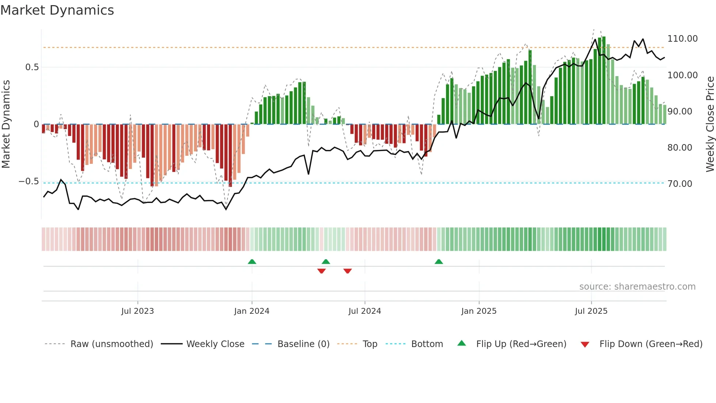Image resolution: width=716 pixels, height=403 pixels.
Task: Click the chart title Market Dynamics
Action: [57, 10]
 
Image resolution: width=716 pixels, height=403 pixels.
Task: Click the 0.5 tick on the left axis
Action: [32, 67]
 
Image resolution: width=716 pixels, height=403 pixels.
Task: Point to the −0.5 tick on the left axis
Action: [29, 182]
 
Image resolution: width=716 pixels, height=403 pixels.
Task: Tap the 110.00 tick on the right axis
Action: [682, 39]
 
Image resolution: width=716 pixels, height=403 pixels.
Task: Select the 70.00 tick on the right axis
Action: [679, 184]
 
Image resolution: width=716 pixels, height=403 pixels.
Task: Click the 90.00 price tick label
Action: [679, 112]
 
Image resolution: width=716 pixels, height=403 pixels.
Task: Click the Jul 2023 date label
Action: [137, 311]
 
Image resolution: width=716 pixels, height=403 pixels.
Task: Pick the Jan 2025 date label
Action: [479, 311]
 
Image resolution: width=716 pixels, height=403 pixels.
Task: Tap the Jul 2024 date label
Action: [365, 311]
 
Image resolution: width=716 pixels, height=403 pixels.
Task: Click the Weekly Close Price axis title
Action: [710, 124]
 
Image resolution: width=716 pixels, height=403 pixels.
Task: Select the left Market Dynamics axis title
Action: [6, 124]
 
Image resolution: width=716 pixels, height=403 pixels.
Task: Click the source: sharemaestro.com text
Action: [637, 287]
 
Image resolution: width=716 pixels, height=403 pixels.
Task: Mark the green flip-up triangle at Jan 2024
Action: [252, 262]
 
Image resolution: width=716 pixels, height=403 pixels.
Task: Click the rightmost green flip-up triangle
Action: [439, 262]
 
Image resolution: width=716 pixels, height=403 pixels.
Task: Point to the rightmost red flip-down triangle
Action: [347, 271]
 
